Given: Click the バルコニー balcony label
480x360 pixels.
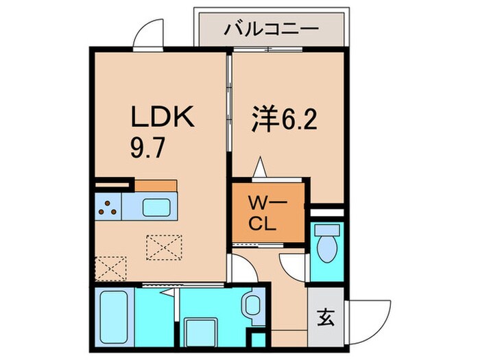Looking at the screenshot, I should [271, 29].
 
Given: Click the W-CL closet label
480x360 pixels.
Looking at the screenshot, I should [267, 213].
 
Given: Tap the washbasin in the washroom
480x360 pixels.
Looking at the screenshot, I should [251, 303].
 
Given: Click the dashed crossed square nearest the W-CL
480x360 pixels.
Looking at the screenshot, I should [164, 246].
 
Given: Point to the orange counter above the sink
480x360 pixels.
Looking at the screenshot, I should [156, 185].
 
